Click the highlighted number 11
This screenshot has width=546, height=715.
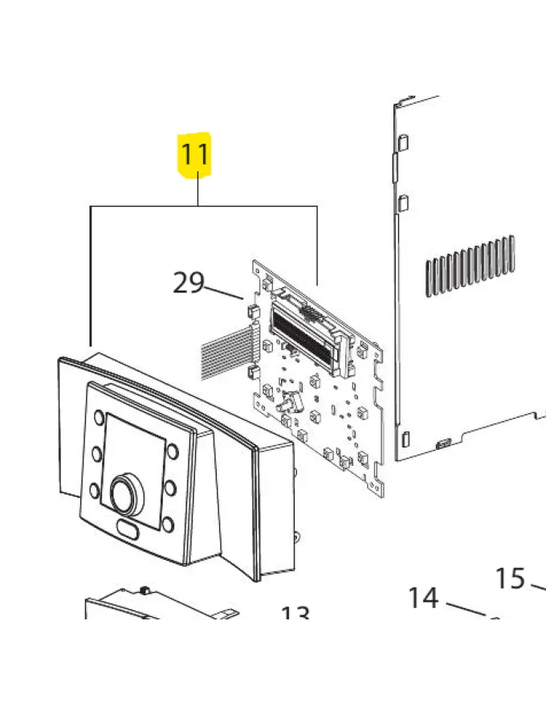195,153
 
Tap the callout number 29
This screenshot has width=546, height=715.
189,283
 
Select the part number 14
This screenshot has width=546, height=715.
423,598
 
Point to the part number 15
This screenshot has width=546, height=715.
509,578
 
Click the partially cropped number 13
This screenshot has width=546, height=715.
295,615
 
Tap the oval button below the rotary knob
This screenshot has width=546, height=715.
128,529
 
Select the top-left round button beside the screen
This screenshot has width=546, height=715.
98,419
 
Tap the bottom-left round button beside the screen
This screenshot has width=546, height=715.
96,488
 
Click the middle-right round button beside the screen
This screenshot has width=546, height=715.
169,488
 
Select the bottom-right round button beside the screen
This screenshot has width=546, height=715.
167,525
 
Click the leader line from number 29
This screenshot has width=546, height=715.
226,291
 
